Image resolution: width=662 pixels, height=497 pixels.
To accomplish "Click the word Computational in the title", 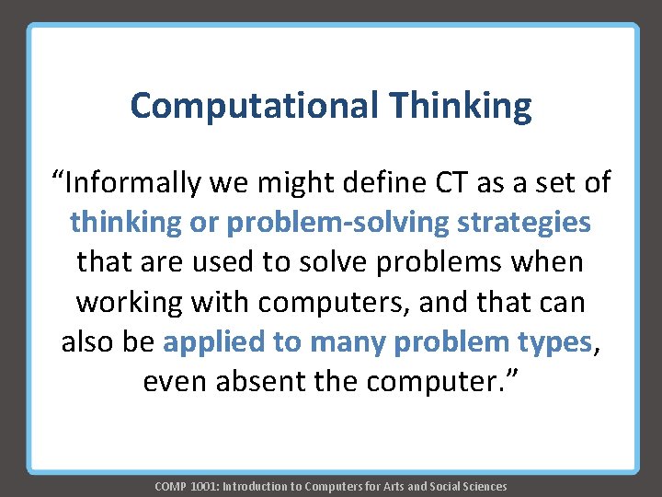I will [254, 106].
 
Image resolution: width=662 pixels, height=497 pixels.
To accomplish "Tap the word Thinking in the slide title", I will [460, 106].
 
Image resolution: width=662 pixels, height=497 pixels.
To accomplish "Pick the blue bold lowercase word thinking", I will [126, 223].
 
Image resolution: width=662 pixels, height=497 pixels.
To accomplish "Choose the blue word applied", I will [215, 341].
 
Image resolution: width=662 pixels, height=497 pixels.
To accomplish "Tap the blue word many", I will [348, 341].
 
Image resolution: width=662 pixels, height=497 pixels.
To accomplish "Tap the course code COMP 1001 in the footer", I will [181, 486].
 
